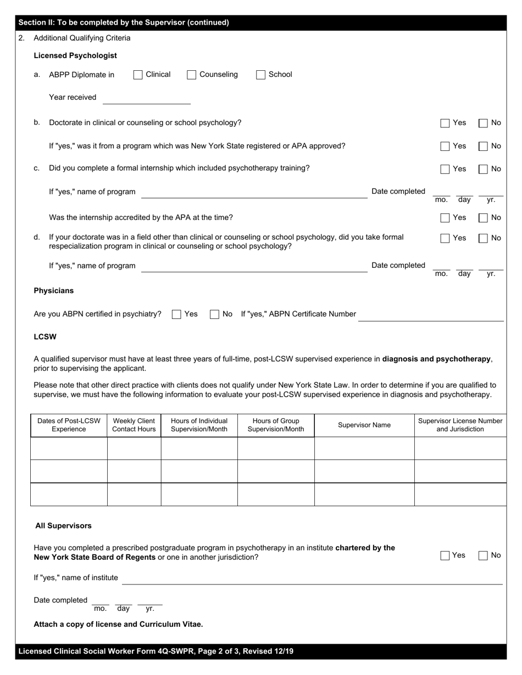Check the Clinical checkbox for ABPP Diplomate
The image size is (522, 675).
(x=138, y=75)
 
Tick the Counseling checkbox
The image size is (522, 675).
(x=191, y=75)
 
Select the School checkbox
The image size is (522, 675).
(x=260, y=75)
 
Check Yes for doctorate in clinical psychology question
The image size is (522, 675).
(x=445, y=123)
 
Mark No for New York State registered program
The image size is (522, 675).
(x=483, y=147)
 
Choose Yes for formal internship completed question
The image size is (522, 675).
(x=445, y=169)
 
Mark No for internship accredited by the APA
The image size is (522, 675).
(x=483, y=218)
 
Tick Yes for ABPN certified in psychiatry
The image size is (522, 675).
(x=176, y=314)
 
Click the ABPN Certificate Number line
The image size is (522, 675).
(x=430, y=316)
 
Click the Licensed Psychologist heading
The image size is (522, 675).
(x=75, y=55)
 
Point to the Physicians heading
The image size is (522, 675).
(x=53, y=290)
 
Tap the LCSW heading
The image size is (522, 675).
(x=45, y=336)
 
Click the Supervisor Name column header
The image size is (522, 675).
(x=364, y=425)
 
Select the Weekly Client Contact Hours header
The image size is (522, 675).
(x=134, y=425)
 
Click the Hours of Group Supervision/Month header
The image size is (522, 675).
(x=276, y=425)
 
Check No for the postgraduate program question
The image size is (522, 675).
(x=483, y=555)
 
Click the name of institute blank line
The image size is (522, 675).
(x=312, y=579)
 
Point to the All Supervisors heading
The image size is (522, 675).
(x=63, y=526)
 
